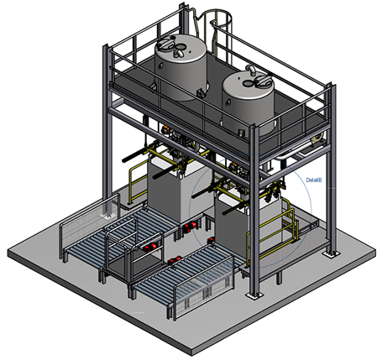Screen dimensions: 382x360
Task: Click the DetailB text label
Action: click(314, 180)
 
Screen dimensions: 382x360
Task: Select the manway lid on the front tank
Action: click(262, 80)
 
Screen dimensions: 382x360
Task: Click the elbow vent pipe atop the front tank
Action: click(250, 70)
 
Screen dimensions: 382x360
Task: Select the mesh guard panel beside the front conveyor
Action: click(204, 287)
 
